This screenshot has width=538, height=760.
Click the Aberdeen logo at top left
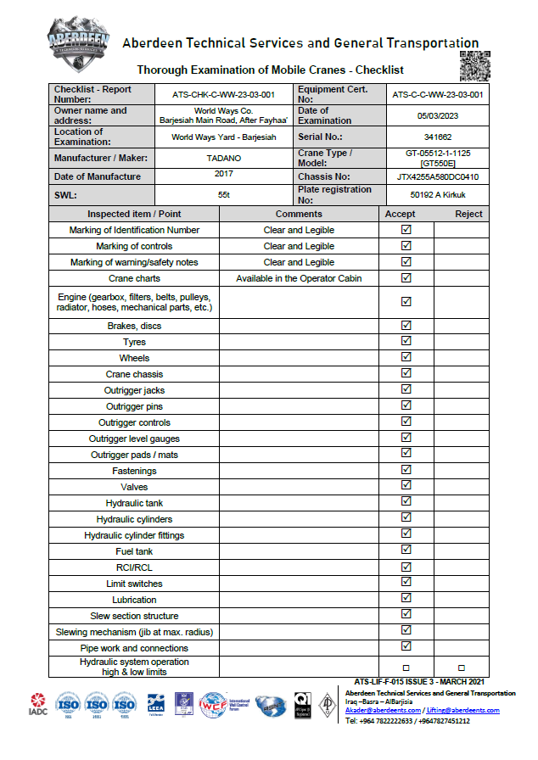click(x=79, y=43)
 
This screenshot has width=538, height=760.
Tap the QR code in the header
click(x=474, y=66)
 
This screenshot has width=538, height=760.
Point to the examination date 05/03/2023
click(x=438, y=115)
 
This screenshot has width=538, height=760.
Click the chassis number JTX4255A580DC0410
click(x=438, y=177)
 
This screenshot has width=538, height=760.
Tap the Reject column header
click(x=462, y=214)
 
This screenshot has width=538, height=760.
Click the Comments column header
click(x=299, y=214)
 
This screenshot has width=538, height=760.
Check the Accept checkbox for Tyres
click(x=406, y=342)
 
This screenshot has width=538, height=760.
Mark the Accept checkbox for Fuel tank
click(x=406, y=550)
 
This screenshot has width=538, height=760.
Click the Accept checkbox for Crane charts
click(x=406, y=277)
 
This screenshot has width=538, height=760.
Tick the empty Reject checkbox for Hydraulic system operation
click(x=462, y=668)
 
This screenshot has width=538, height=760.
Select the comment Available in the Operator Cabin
click(x=299, y=278)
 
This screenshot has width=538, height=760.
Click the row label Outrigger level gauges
click(x=134, y=439)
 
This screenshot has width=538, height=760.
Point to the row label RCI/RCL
click(x=134, y=567)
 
